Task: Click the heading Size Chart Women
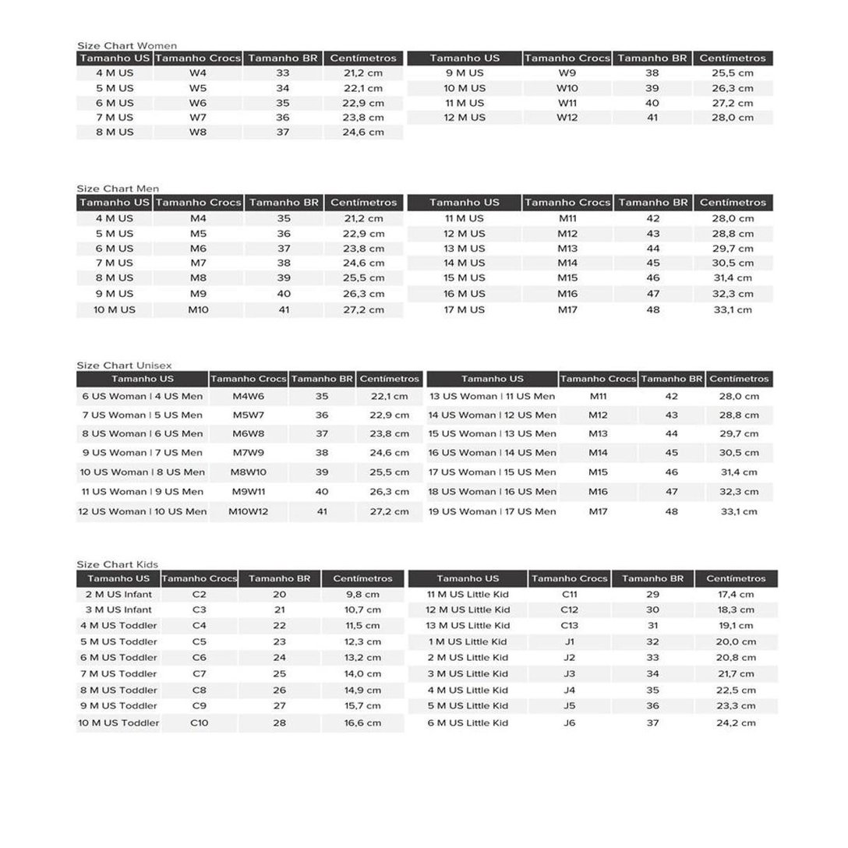(126, 45)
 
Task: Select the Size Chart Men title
(118, 189)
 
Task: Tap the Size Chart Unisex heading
(124, 365)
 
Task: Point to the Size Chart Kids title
(117, 564)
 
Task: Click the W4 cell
(198, 73)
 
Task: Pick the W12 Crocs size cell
(567, 118)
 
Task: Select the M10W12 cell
(248, 511)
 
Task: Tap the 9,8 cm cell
(362, 594)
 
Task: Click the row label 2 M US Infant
(118, 594)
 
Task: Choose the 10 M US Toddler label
(118, 723)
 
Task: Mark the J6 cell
(569, 723)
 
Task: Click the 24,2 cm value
(737, 723)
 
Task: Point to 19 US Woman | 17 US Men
(492, 511)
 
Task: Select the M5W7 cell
(248, 415)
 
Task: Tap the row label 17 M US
(465, 309)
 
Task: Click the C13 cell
(569, 625)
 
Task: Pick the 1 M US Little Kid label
(468, 641)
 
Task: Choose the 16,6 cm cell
(362, 723)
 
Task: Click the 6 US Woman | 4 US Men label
(143, 396)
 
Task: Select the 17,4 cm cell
(737, 594)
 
